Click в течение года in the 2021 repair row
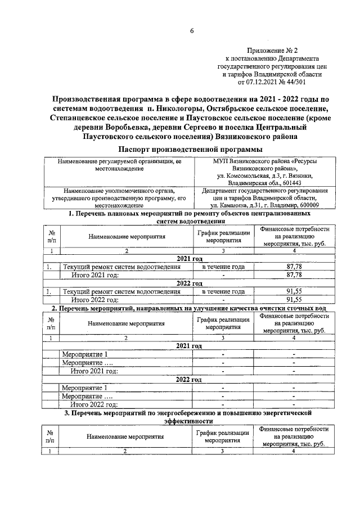click(223, 267)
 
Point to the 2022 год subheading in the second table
click(189, 379)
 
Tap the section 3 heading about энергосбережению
click(187, 416)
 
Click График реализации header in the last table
click(223, 436)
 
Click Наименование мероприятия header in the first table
click(126, 237)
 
